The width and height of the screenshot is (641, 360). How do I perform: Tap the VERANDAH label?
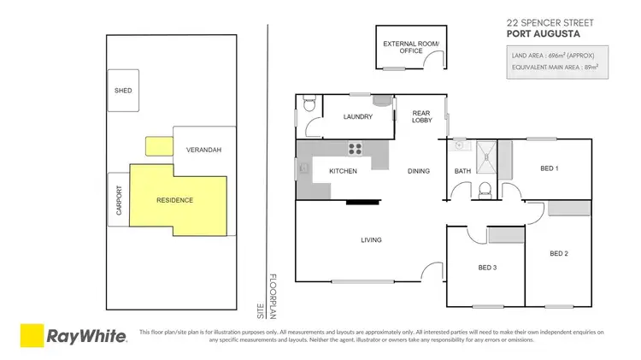tap(203, 150)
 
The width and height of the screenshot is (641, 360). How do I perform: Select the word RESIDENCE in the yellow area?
tap(174, 200)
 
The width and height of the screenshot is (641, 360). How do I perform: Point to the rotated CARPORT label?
tap(118, 199)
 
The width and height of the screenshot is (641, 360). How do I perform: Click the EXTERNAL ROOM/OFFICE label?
tap(402, 47)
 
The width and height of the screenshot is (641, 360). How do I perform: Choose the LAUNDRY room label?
tap(356, 117)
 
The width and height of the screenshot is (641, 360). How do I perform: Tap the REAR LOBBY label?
tap(421, 116)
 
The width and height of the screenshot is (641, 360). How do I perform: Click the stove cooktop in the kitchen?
tap(356, 150)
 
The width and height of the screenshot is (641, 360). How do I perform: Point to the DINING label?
tap(418, 171)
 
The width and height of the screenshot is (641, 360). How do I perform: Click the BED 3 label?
tap(487, 268)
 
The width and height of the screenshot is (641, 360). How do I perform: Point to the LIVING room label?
tap(370, 239)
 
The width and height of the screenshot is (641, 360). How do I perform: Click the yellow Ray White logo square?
tap(32, 335)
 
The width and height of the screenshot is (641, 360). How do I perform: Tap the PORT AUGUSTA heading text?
tap(543, 34)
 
